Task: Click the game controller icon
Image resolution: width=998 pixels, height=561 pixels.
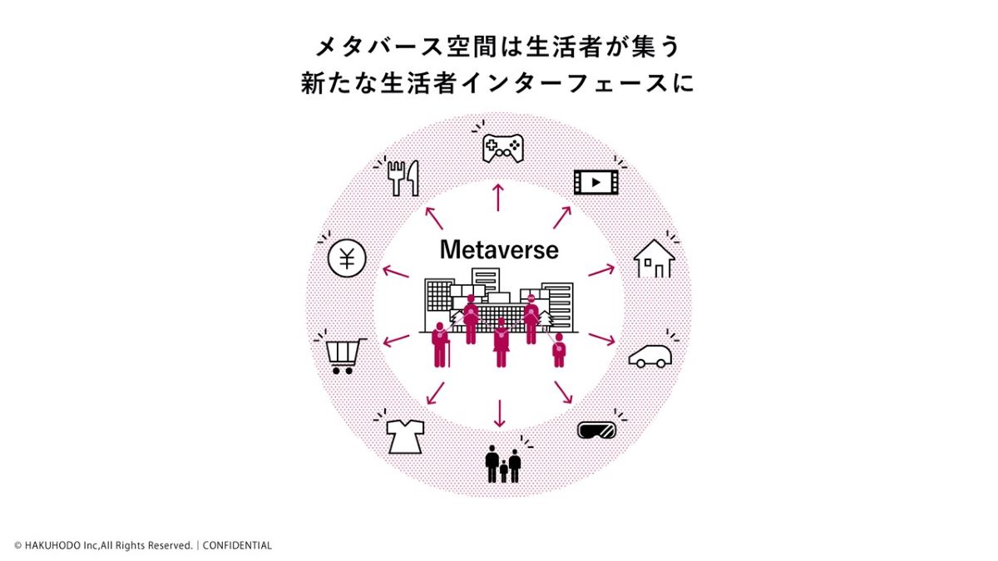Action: [x=503, y=149]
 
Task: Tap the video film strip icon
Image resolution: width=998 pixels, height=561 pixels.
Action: [x=596, y=181]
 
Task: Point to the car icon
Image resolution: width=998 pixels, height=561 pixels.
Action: [x=650, y=356]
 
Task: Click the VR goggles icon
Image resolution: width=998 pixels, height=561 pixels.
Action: [x=597, y=430]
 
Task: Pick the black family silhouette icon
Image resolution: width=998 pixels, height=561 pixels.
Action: [x=503, y=464]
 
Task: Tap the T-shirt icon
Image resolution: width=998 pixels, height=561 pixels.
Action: [x=405, y=436]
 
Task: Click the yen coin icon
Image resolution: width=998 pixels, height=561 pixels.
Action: [x=347, y=259]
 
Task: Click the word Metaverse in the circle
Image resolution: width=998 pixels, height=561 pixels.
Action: [x=499, y=249]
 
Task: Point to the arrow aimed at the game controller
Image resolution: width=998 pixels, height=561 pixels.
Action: [x=499, y=198]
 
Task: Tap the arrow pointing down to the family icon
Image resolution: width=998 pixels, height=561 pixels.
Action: [x=499, y=412]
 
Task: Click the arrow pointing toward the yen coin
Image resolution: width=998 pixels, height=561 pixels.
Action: [x=395, y=270]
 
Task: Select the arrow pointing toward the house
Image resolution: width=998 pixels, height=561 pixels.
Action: [x=601, y=270]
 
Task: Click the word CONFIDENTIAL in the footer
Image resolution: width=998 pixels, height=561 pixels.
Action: [x=237, y=546]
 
